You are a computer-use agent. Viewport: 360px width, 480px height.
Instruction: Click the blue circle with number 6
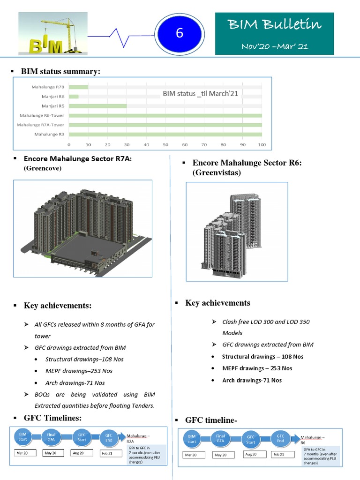(179, 33)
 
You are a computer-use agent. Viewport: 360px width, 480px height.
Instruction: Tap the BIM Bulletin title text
(275, 24)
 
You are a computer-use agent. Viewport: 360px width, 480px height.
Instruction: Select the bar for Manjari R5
(98, 106)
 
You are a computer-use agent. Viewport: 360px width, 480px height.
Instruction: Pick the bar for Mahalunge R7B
(79, 87)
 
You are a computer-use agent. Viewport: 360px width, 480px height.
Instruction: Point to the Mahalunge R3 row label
(49, 135)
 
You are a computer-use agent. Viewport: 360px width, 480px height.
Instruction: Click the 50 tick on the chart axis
(165, 144)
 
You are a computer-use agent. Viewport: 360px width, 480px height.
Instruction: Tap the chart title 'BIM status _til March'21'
(200, 93)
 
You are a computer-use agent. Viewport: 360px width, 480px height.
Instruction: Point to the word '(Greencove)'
(43, 167)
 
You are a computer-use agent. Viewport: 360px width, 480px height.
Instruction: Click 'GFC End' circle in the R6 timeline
(280, 439)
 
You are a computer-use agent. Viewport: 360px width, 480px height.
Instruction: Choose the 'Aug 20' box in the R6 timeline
(251, 455)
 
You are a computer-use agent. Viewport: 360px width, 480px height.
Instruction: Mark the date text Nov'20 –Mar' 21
(275, 46)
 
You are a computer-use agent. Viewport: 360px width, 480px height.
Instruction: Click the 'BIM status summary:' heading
(60, 71)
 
